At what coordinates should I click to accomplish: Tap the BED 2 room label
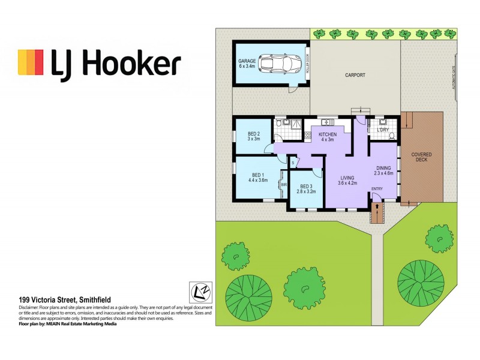click(x=253, y=136)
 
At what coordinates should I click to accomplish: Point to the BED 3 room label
click(x=306, y=188)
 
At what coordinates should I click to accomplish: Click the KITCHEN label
click(x=327, y=136)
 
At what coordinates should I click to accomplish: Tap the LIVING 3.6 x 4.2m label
click(x=347, y=181)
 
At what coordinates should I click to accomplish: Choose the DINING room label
click(x=383, y=170)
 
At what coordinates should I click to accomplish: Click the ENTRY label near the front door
click(x=377, y=190)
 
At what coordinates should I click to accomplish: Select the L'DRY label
click(x=383, y=130)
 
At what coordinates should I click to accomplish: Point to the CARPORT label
click(x=355, y=76)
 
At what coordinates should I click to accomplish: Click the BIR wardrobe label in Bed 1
click(x=284, y=185)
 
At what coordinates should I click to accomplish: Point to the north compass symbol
click(x=198, y=290)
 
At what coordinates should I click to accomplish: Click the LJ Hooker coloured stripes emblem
click(x=31, y=62)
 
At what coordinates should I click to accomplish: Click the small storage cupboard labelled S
click(x=293, y=163)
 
